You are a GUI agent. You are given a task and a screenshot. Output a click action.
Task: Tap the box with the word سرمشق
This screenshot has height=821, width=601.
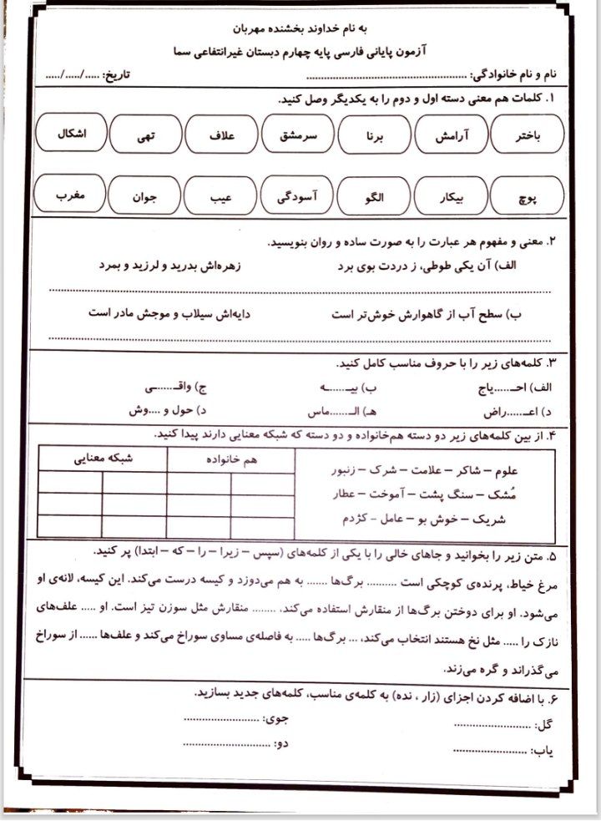click(298, 136)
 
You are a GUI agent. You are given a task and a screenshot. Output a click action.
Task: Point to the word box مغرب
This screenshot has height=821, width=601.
click(70, 196)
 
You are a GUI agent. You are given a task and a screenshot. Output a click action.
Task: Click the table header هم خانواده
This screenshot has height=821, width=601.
click(230, 458)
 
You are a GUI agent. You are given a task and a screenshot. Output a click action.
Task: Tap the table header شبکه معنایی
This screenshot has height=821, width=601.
click(103, 458)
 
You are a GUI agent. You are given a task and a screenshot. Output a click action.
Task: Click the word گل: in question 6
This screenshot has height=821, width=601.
click(547, 722)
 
